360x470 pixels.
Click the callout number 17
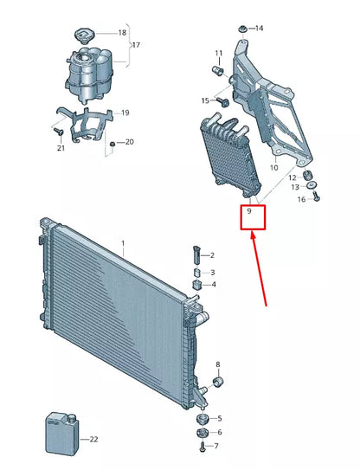(x=135, y=45)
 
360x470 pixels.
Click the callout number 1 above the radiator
(x=123, y=244)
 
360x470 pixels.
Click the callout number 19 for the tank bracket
(x=125, y=113)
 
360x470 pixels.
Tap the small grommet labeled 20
(x=112, y=143)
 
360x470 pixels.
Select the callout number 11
(x=218, y=53)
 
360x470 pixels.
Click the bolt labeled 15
(x=222, y=102)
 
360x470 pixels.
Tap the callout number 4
(x=213, y=284)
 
